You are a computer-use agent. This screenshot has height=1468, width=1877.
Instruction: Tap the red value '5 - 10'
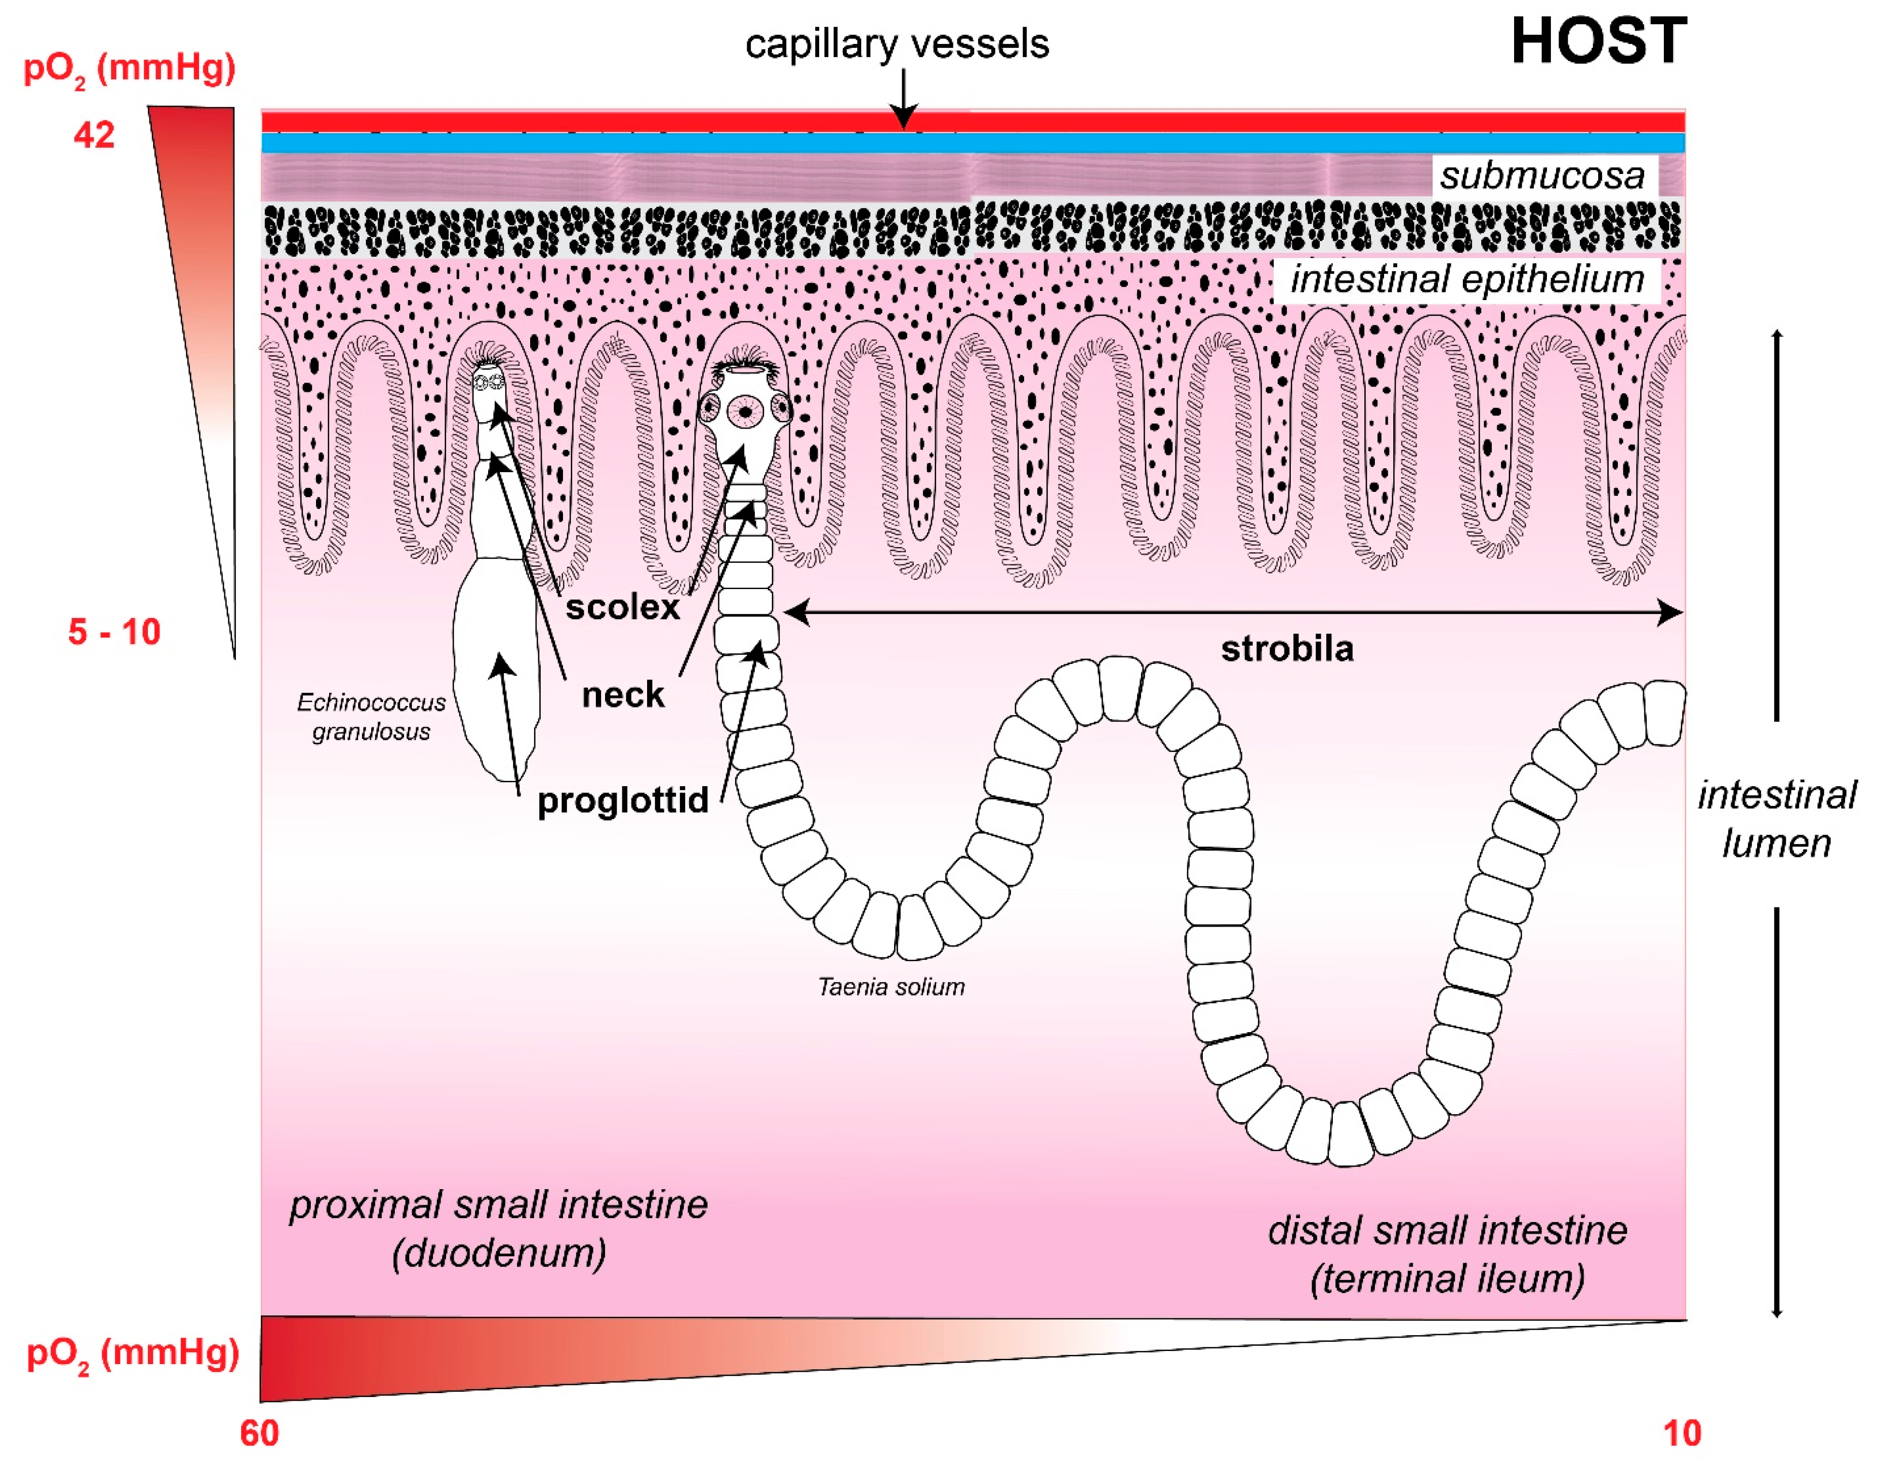115,632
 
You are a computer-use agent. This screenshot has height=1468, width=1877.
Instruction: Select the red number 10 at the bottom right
1682,1433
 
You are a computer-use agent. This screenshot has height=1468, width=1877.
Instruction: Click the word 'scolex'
622,608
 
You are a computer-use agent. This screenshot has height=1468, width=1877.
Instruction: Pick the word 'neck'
622,694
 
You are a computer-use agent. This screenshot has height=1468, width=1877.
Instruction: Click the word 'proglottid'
622,800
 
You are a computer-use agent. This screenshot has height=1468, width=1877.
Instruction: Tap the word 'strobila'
1286,649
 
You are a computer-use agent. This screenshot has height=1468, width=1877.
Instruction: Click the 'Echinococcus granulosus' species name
371,717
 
